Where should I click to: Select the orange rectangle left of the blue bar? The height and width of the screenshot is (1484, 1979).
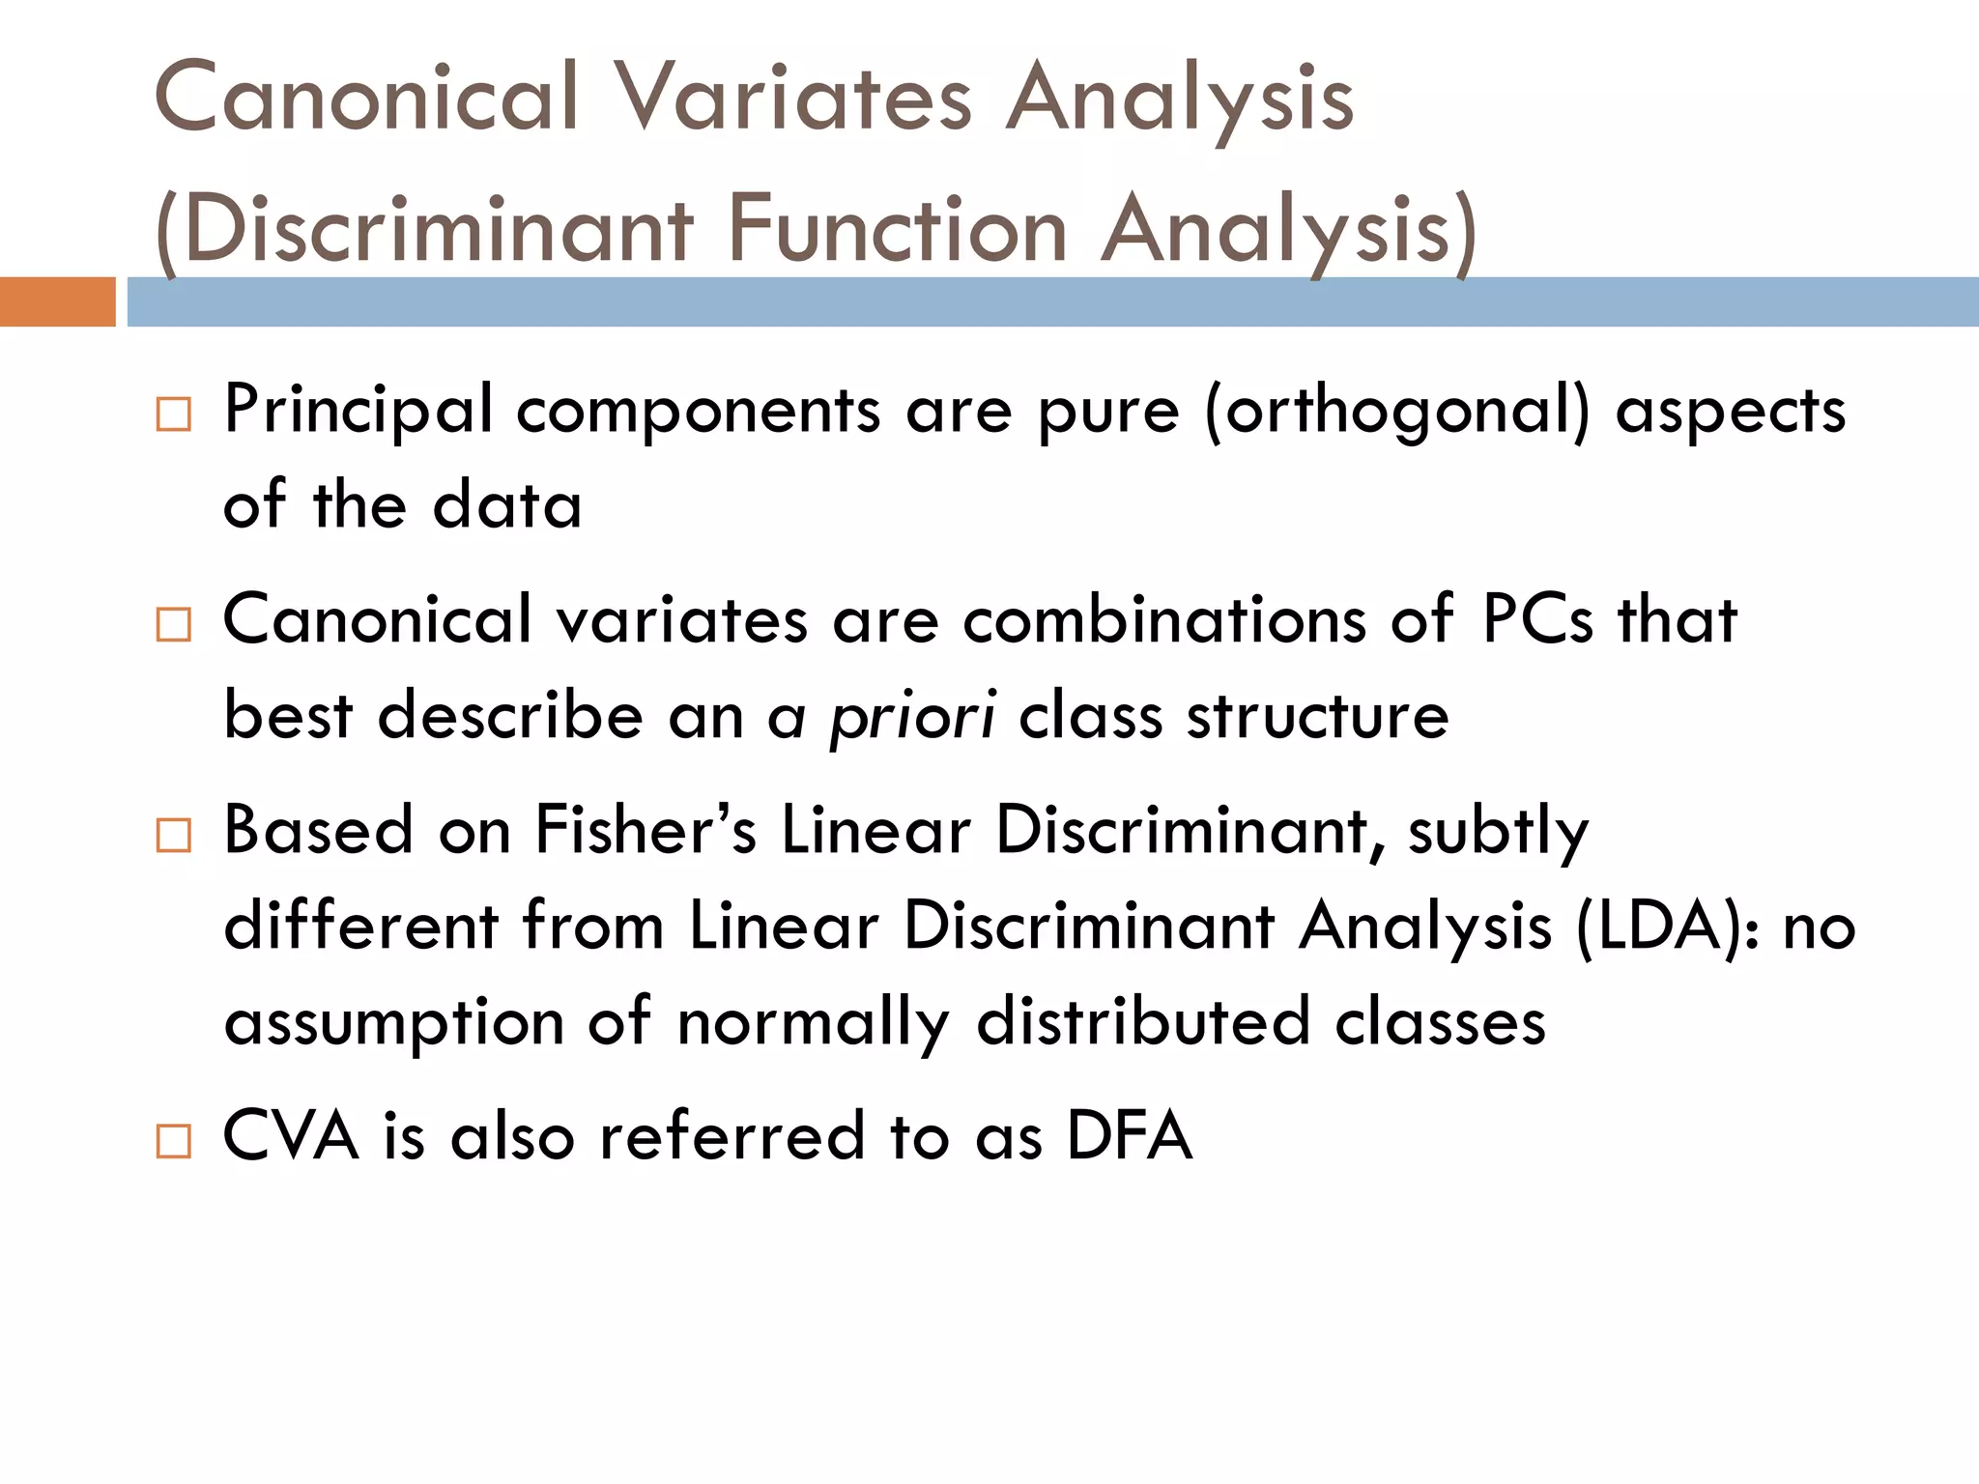(x=57, y=301)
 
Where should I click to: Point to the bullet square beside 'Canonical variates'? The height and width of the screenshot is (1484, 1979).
(x=174, y=625)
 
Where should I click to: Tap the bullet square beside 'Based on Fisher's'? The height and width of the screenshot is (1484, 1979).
(x=174, y=835)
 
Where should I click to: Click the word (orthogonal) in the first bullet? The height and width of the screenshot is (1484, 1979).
(x=1397, y=411)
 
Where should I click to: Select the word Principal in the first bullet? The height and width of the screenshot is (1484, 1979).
(x=358, y=411)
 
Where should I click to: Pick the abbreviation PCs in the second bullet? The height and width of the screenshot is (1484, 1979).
(x=1536, y=619)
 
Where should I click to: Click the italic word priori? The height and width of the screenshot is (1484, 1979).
(x=912, y=718)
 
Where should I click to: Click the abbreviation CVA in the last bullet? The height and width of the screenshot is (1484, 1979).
(x=291, y=1136)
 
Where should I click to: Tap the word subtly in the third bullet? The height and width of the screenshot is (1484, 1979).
(x=1498, y=832)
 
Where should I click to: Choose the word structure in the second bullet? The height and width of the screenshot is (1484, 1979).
(x=1318, y=716)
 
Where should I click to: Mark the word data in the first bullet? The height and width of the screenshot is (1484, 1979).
(x=507, y=505)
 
